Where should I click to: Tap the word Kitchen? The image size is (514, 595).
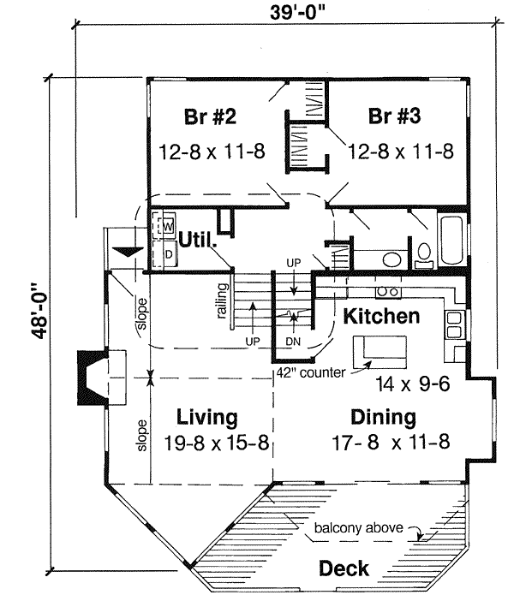coord(381,316)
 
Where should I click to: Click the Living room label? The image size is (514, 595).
coord(206,418)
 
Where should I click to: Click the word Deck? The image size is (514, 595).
coord(344,568)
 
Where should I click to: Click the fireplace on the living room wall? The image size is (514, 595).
coord(92,377)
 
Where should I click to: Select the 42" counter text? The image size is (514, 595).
coord(310,372)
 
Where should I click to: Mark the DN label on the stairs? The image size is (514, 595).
coord(293,340)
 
